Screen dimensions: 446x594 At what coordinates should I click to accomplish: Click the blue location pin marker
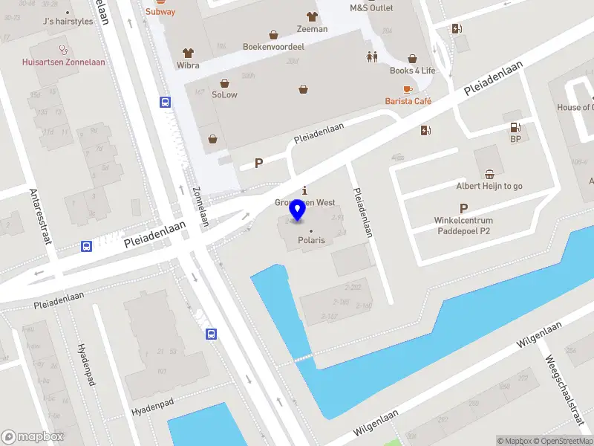tap(298, 210)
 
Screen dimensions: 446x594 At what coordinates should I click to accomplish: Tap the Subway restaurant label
tap(160, 11)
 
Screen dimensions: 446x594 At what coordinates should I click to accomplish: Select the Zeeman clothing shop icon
tap(311, 16)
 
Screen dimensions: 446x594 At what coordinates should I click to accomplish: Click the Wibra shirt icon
tap(188, 54)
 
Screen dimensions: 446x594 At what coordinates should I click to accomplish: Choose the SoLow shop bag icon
tap(224, 83)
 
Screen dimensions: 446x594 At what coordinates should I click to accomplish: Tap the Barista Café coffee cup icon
tap(408, 89)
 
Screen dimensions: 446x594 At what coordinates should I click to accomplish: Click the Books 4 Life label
tap(412, 71)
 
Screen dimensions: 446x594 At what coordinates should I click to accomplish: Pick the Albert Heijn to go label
tap(489, 186)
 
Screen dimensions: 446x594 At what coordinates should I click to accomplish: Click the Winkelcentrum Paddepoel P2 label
tap(463, 225)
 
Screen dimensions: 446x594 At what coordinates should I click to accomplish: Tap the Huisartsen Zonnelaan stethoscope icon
tap(63, 51)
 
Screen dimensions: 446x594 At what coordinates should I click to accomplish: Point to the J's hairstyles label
tap(68, 22)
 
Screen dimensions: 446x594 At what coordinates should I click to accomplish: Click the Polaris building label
tap(311, 241)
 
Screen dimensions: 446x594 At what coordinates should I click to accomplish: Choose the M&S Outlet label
tap(371, 7)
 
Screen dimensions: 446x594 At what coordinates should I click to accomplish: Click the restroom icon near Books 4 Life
tap(372, 56)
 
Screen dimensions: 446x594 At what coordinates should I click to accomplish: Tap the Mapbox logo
tap(33, 437)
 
